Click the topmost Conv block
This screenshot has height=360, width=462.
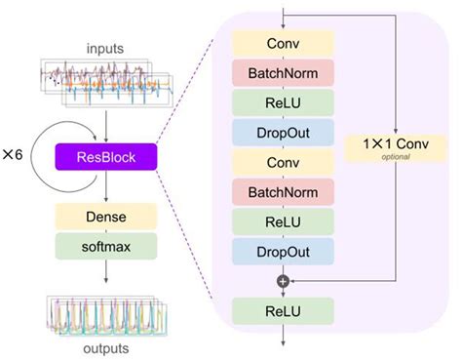tap(283, 43)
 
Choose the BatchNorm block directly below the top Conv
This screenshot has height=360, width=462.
tap(283, 72)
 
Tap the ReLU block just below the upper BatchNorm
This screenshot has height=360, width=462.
tap(283, 102)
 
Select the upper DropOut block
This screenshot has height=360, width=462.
tap(283, 133)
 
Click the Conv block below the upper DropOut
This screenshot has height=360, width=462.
tap(283, 162)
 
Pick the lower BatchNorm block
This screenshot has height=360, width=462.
tap(283, 192)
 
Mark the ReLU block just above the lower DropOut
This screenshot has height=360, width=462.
tap(283, 221)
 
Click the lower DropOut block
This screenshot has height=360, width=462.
tap(283, 252)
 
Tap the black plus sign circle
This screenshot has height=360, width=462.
tap(283, 281)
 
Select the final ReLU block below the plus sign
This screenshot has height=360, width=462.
tap(283, 311)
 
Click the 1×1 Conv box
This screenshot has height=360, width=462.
tap(396, 143)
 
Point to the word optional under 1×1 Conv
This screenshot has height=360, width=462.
tap(396, 155)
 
